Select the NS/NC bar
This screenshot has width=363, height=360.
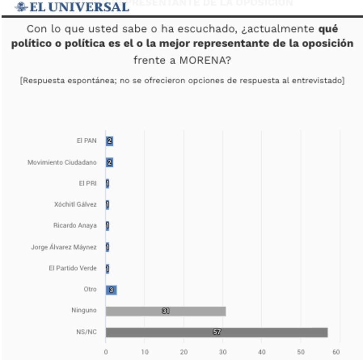pyautogui.click(x=216, y=332)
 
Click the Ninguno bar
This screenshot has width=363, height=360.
pyautogui.click(x=166, y=311)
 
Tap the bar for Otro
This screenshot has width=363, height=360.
pyautogui.click(x=111, y=290)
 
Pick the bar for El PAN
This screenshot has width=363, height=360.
pyautogui.click(x=109, y=141)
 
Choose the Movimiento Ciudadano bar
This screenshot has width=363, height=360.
pyautogui.click(x=109, y=162)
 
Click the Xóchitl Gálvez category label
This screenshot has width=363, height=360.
pyautogui.click(x=75, y=204)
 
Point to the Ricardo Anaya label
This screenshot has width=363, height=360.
pyautogui.click(x=75, y=225)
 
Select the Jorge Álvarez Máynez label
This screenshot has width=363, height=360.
pyautogui.click(x=64, y=247)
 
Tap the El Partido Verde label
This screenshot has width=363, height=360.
pyautogui.click(x=73, y=268)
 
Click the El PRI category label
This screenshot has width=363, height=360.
pyautogui.click(x=88, y=184)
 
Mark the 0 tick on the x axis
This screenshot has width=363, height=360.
pyautogui.click(x=106, y=352)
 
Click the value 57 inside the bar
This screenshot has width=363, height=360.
pyautogui.click(x=217, y=332)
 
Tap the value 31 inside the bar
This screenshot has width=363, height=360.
pyautogui.click(x=166, y=311)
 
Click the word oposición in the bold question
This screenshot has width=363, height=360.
pyautogui.click(x=329, y=44)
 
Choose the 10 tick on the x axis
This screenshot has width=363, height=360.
pyautogui.click(x=145, y=352)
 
